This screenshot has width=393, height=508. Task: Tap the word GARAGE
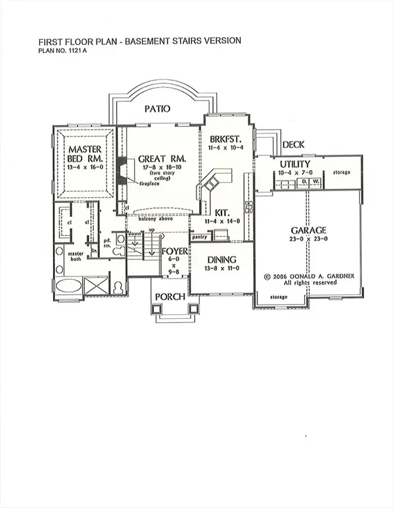(x=309, y=230)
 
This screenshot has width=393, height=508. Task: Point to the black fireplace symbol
(x=122, y=168)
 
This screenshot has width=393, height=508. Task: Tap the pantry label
(x=200, y=236)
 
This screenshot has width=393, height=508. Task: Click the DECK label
(x=293, y=144)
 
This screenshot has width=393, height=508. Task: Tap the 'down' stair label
(x=134, y=234)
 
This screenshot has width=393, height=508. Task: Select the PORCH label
(x=169, y=296)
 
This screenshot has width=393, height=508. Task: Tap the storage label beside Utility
(x=342, y=172)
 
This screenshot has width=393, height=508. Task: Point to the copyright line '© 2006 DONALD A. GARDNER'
(x=308, y=276)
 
